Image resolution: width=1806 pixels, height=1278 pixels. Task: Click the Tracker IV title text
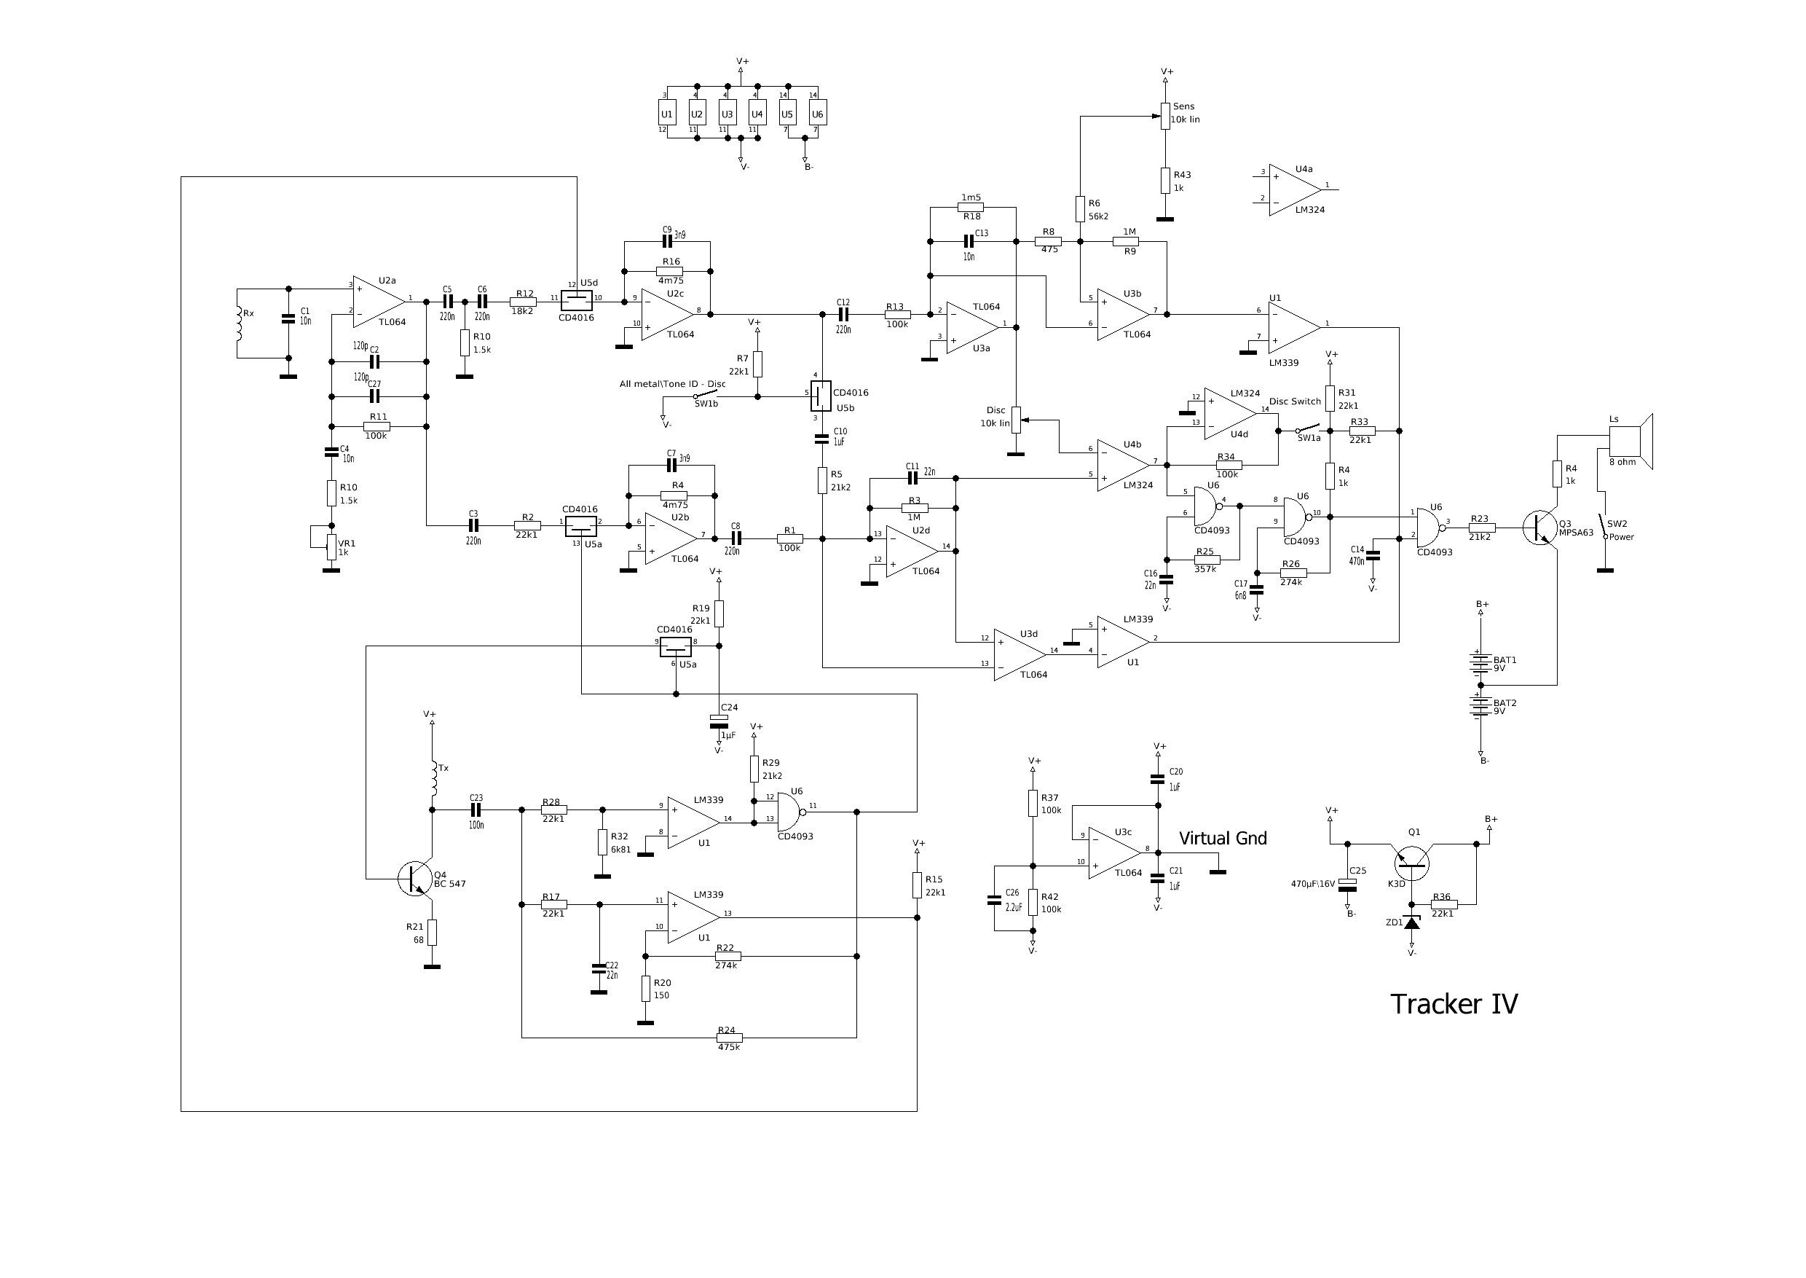point(1454,1005)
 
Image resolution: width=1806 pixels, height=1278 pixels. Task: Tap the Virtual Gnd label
point(1223,839)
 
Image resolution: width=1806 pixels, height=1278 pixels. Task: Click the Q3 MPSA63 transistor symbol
point(1540,528)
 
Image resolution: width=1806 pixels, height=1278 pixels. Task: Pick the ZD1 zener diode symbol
point(1412,922)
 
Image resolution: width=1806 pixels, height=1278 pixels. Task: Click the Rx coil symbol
point(238,323)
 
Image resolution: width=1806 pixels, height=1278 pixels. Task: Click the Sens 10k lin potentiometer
point(1165,116)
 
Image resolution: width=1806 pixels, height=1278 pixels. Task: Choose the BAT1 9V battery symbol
point(1481,662)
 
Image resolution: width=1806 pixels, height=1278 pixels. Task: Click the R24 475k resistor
point(729,1038)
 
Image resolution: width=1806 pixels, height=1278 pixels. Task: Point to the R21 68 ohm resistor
point(432,933)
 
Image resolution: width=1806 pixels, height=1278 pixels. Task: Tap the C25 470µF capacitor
point(1348,884)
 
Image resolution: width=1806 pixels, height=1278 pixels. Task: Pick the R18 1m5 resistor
point(972,207)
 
